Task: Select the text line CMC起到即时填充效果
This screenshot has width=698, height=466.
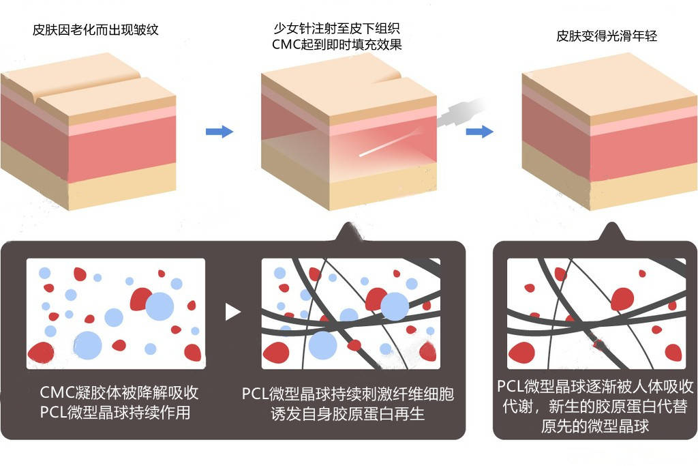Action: (337, 44)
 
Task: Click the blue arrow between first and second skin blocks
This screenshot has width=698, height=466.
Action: (219, 131)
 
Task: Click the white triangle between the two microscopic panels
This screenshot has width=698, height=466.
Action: (233, 312)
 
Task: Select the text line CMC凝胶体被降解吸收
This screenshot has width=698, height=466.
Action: (119, 393)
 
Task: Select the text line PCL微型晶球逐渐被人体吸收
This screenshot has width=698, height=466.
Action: (595, 388)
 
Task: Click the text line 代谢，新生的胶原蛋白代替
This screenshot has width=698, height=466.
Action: (595, 407)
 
